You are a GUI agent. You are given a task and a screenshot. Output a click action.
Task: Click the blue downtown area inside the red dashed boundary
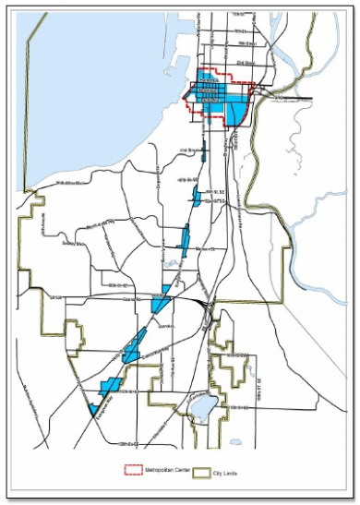click(218, 100)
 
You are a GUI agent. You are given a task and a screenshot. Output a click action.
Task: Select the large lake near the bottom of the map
click(208, 405)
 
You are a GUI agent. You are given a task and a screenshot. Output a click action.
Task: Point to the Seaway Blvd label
click(73, 244)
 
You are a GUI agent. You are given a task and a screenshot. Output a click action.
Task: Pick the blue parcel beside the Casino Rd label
click(162, 302)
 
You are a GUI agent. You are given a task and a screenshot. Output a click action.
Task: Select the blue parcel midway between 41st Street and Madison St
click(196, 196)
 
